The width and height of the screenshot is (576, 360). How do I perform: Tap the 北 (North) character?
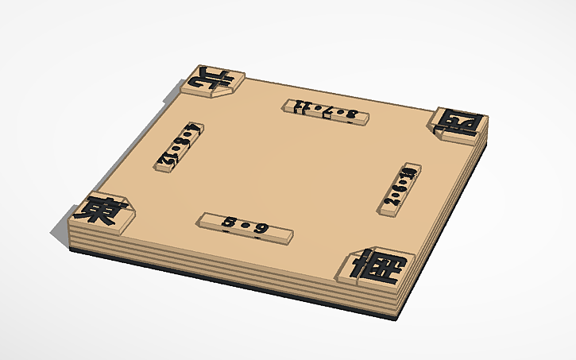(211, 78)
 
